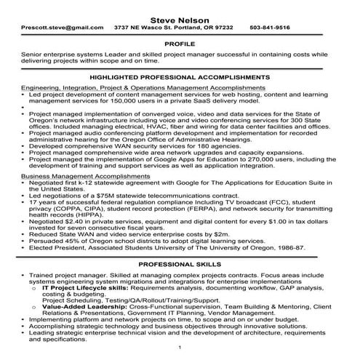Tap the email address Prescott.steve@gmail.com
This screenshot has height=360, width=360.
click(x=55, y=27)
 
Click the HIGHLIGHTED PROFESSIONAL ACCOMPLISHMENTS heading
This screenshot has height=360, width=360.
click(x=180, y=76)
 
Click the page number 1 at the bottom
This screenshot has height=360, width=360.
click(x=180, y=356)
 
